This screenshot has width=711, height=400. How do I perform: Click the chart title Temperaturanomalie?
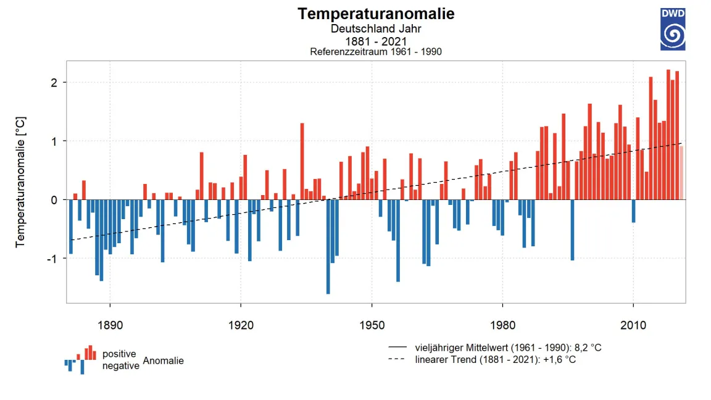pos(376,14)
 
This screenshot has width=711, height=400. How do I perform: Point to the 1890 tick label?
pos(110,323)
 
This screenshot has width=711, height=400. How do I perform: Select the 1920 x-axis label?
pos(241,323)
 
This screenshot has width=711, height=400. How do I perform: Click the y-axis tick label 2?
pos(54,83)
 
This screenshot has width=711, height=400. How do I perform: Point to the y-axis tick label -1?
pos(52,259)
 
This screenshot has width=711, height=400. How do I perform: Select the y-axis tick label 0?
pos(54,200)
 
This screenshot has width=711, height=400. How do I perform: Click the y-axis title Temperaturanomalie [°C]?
pos(21,182)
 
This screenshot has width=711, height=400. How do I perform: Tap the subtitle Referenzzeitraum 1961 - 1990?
pos(376,52)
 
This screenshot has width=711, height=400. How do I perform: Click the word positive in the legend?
pos(119,354)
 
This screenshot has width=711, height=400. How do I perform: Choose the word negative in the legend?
pos(120,365)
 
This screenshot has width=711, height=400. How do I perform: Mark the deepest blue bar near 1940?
pos(328,247)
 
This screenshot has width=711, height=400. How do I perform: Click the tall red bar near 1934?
pos(302,161)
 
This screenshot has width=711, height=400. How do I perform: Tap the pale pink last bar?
pos(681,173)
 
